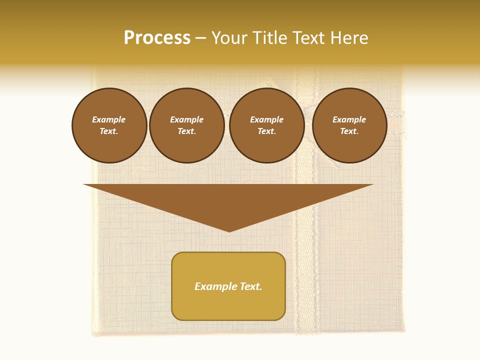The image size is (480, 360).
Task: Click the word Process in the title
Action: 157,38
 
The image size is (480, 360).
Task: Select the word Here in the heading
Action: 349,38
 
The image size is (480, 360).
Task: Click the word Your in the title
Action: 229,38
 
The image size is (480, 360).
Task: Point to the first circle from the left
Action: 109,125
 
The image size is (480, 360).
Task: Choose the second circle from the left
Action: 187,125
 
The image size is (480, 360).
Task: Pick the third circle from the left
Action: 267,125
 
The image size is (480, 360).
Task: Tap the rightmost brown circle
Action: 349,125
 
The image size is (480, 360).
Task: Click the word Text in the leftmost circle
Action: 108,131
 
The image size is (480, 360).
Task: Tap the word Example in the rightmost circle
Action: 349,119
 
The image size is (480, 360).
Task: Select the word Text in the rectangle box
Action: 249,286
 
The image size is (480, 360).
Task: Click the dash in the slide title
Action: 200,38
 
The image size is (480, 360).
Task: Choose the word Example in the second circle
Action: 187,119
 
